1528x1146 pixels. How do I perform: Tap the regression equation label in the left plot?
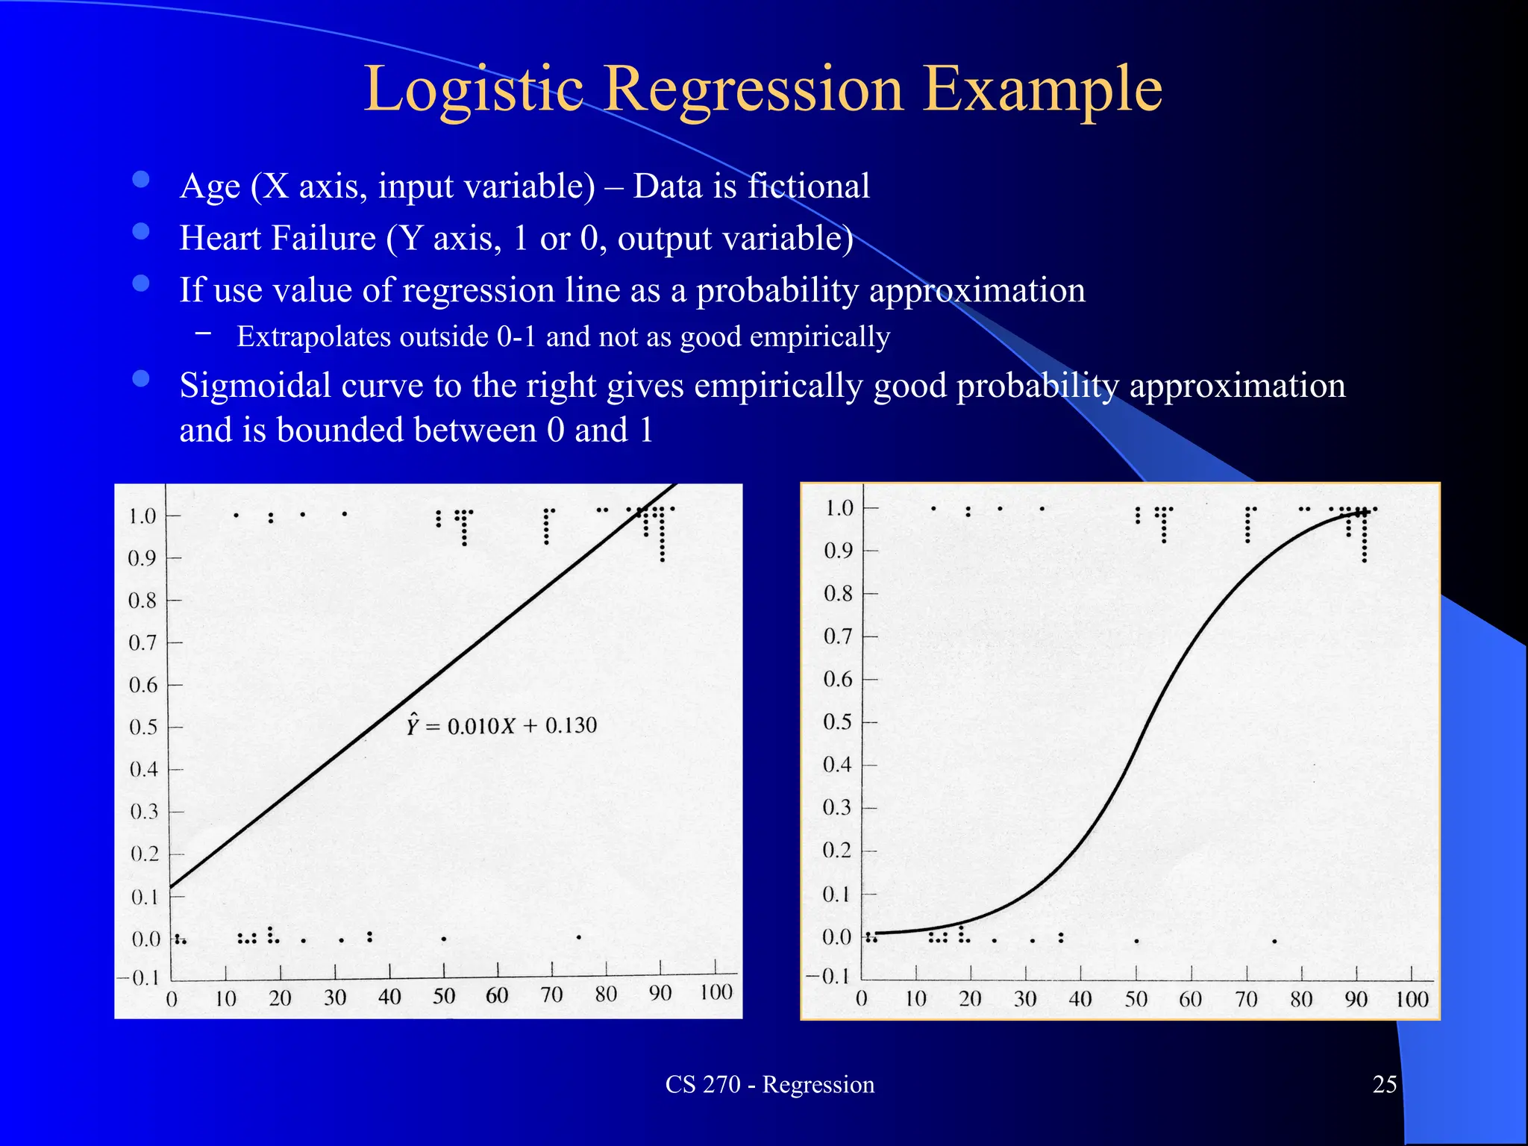tap(501, 725)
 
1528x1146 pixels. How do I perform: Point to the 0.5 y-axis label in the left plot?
tap(143, 727)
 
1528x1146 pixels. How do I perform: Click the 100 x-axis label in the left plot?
tap(716, 992)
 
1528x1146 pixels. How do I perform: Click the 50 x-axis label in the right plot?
tap(1136, 999)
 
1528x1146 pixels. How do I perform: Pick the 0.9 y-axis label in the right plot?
tap(838, 551)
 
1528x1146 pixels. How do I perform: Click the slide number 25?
tap(1384, 1084)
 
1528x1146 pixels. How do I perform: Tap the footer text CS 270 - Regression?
tap(769, 1084)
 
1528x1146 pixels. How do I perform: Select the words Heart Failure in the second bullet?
tap(278, 238)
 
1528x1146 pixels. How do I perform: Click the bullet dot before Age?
tap(141, 179)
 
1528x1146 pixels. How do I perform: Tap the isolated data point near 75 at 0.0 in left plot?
tap(579, 937)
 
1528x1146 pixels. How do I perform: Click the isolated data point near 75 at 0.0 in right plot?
tap(1274, 942)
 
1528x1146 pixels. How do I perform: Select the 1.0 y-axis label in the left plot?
tap(142, 516)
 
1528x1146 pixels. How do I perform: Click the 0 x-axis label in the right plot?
tap(861, 999)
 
